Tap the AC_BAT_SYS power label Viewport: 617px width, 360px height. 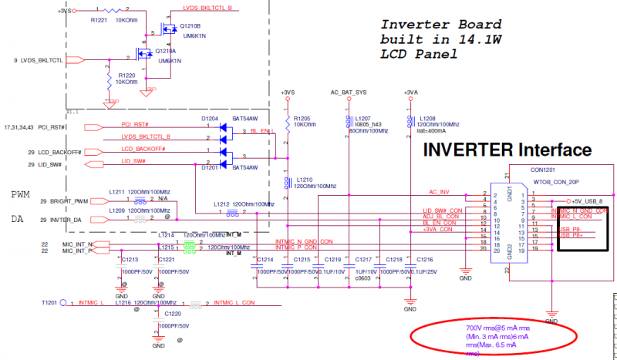click(348, 93)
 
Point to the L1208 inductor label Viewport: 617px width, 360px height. click(427, 119)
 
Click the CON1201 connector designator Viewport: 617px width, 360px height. click(544, 173)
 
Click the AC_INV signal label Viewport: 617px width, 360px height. click(439, 191)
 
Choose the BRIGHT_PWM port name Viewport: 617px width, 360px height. click(69, 201)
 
